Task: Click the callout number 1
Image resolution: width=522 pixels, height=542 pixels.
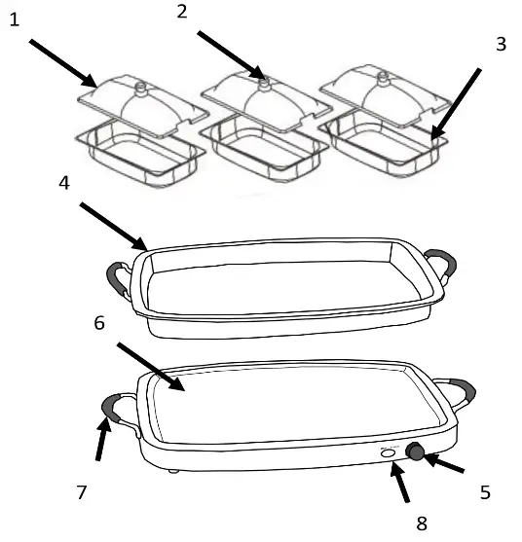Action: pos(15,20)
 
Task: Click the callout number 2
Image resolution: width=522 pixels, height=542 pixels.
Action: pos(181,12)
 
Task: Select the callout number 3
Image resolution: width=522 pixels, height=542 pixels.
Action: pos(500,45)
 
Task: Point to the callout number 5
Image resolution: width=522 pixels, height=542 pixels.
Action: pos(485,492)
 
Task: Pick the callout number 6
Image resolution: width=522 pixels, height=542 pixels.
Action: pos(98,323)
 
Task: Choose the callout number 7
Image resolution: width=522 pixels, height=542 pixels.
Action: pos(83,493)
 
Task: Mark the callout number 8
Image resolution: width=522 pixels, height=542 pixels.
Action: pos(421,524)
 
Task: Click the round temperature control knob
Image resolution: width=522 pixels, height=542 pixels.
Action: pos(416,451)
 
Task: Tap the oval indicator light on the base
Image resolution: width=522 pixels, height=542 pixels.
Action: pos(387,452)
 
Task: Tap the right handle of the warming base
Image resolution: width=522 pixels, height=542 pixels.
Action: pos(462,392)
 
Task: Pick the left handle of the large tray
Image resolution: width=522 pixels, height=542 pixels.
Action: pos(120,277)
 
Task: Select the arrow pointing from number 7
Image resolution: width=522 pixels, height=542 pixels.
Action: pos(99,444)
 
